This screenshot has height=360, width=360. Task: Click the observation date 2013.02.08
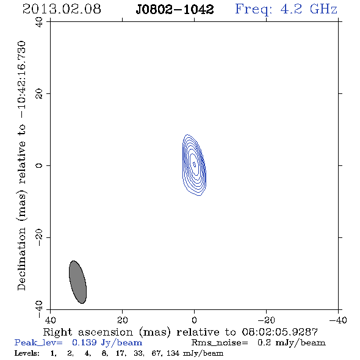click(x=62, y=9)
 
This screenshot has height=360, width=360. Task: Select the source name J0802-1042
click(x=175, y=9)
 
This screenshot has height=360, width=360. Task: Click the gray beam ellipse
click(x=78, y=282)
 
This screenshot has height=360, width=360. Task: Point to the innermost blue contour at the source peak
click(x=195, y=164)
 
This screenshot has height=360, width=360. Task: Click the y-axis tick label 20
click(x=39, y=94)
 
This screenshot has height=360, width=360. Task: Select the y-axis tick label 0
click(x=39, y=165)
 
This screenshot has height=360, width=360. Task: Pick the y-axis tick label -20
click(x=39, y=237)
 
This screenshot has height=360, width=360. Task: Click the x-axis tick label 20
click(x=123, y=320)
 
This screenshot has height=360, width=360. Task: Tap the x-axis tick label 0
click(x=195, y=320)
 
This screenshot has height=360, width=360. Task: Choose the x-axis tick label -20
click(x=266, y=320)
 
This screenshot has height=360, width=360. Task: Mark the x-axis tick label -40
click(x=338, y=320)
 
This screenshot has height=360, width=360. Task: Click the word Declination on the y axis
click(x=21, y=259)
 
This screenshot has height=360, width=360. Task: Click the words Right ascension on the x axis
click(x=88, y=332)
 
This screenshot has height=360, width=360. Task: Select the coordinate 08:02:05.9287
click(x=280, y=332)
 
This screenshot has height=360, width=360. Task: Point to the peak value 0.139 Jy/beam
click(x=107, y=343)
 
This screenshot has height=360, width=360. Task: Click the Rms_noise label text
click(x=220, y=343)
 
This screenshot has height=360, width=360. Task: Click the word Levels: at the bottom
click(x=27, y=353)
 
